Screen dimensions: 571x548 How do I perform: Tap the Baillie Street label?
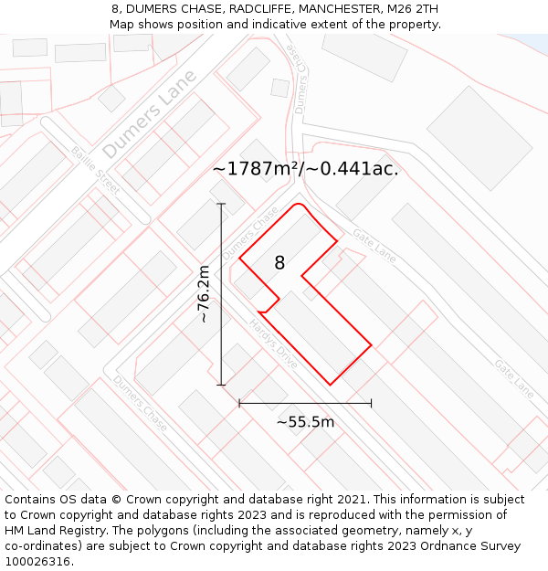pos(96,168)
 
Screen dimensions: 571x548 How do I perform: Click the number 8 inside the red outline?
pos(279,263)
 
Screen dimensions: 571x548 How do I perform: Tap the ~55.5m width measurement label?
pos(305,422)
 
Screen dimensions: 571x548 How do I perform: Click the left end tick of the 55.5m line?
pos(239,403)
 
